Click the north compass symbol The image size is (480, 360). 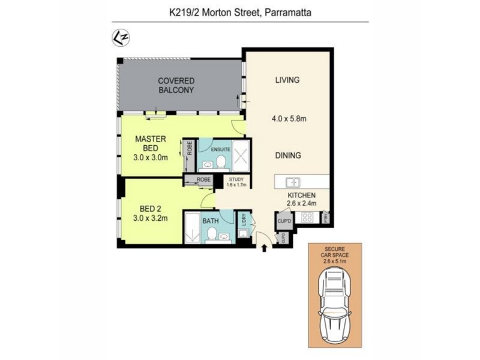coord(121,38)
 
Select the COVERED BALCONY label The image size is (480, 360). coord(176,85)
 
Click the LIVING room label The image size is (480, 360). coord(287,80)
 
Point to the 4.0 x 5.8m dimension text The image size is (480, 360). coord(289,118)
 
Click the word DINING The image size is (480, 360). coord(288,155)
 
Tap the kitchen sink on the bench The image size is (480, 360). coord(292,182)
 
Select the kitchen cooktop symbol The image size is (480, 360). coord(308,217)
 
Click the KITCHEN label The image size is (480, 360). coord(301,195)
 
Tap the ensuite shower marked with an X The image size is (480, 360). coord(240,157)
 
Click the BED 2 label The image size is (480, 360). coord(149,213)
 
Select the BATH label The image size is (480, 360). coord(211,221)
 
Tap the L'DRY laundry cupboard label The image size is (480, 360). coord(244,221)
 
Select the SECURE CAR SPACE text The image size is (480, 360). coord(335,254)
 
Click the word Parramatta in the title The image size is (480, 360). coord(287,11)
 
